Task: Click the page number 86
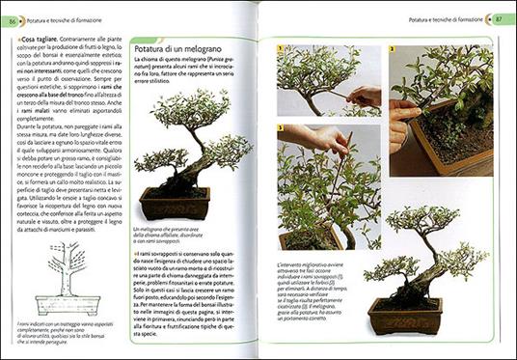pyautogui.click(x=14, y=19)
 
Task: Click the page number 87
pyautogui.click(x=501, y=18)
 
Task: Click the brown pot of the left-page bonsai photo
pyautogui.click(x=176, y=204)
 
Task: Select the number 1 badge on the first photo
pyautogui.click(x=281, y=48)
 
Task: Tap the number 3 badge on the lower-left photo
pyautogui.click(x=281, y=126)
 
